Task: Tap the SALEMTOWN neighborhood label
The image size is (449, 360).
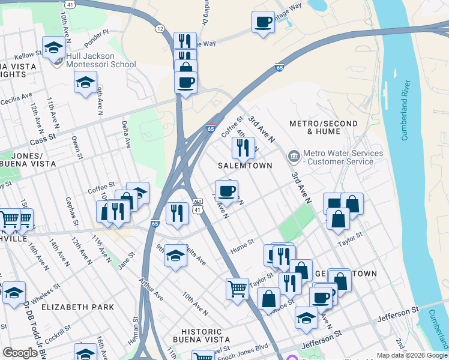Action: point(245,165)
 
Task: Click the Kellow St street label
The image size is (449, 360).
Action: point(28,54)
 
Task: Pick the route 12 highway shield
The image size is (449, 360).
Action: point(160,28)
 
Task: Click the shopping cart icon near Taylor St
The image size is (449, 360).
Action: point(237,289)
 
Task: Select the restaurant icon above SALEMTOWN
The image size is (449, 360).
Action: point(243,148)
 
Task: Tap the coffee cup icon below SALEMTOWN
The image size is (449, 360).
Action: point(226,191)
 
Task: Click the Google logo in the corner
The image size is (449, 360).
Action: point(20,353)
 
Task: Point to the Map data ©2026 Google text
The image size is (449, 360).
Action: point(411,355)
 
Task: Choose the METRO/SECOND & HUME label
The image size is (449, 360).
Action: point(323,127)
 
